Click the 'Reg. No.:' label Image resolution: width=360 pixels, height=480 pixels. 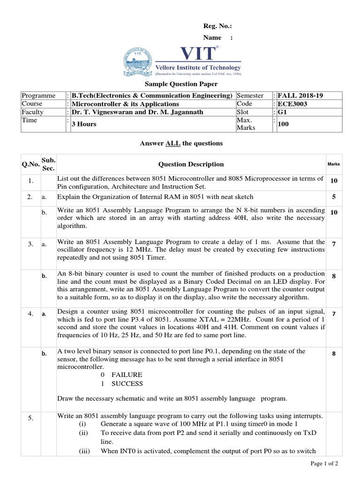coord(217,27)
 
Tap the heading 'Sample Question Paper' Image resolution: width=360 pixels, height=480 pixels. coord(180,84)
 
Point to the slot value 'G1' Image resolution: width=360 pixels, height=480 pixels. coord(282,112)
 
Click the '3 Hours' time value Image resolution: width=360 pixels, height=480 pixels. coord(84,124)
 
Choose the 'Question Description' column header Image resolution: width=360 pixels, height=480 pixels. coord(191,164)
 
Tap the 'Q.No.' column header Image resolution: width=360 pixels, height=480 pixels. coord(29,164)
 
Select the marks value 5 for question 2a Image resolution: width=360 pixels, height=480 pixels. coord(334,197)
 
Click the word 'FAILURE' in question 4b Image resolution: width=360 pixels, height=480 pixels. coord(127,375)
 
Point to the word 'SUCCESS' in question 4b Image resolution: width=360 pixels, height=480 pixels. coord(127,383)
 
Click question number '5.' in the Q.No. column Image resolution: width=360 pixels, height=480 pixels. coord(30,419)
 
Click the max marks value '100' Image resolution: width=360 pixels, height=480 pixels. coord(284,124)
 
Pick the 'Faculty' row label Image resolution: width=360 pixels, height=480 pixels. coord(32,112)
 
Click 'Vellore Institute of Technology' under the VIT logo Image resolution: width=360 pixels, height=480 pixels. coord(198,67)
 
